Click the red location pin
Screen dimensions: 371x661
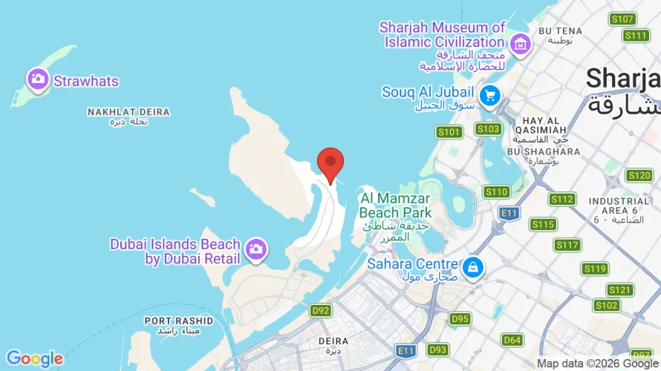(x=330, y=162)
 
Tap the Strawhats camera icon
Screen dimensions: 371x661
(x=38, y=79)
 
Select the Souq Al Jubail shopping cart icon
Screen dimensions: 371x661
(x=489, y=94)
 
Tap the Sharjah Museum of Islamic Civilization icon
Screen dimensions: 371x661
(x=521, y=43)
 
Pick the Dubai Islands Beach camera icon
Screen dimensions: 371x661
(x=256, y=250)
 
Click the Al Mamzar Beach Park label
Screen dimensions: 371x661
(x=395, y=206)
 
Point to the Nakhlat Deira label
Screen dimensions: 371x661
(x=128, y=112)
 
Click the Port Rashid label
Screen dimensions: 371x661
(x=178, y=321)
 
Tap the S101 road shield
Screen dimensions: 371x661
(x=449, y=132)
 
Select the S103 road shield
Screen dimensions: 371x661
(x=488, y=129)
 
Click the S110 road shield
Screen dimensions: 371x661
(x=496, y=192)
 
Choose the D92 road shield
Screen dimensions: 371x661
(x=320, y=310)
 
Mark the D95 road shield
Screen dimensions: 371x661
(x=460, y=319)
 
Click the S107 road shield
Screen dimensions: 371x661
(x=622, y=19)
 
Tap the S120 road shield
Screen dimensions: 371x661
(x=639, y=176)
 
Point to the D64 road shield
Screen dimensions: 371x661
(x=512, y=340)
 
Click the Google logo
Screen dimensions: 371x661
(x=34, y=359)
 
